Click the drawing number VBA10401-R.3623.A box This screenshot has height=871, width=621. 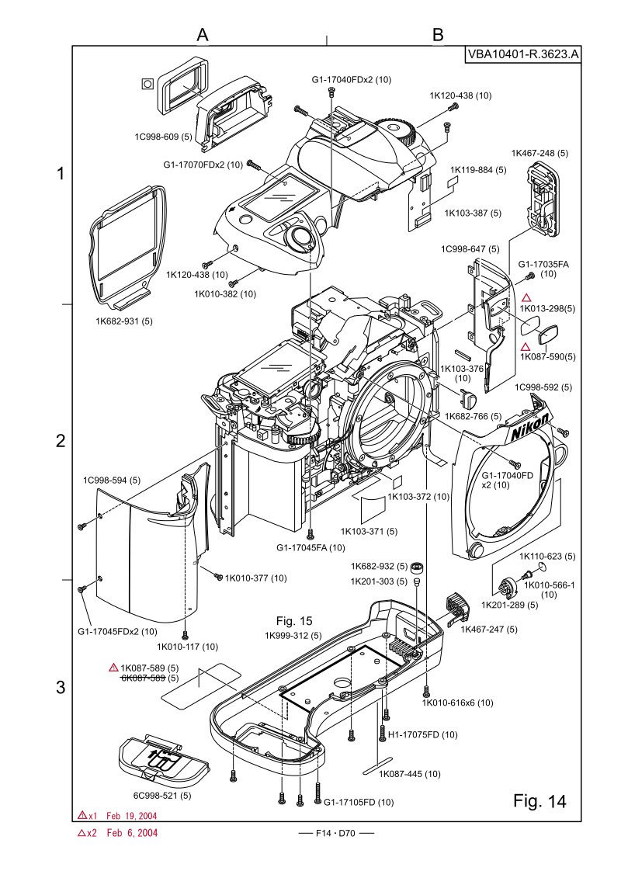tap(522, 54)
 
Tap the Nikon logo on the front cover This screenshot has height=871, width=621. tap(529, 427)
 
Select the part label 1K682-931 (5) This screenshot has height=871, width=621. tap(124, 321)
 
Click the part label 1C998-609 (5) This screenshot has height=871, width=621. tap(163, 137)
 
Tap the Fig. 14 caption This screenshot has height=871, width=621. tap(539, 800)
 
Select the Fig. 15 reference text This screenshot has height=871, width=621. tap(294, 621)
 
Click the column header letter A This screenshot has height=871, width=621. tap(203, 34)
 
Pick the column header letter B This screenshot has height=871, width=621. tap(438, 34)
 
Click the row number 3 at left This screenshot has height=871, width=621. tap(61, 687)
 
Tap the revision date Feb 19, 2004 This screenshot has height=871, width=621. tap(132, 815)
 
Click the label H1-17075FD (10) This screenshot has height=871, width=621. tap(423, 734)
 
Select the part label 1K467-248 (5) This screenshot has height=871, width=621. tap(539, 153)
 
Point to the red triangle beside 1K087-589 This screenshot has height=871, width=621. tap(113, 667)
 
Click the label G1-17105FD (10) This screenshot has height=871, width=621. tap(359, 802)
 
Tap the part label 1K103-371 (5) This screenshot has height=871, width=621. tap(369, 531)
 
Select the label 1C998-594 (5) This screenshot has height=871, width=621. tap(112, 480)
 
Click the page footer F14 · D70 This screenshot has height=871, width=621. tap(335, 833)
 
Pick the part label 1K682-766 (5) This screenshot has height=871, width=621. tap(473, 415)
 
